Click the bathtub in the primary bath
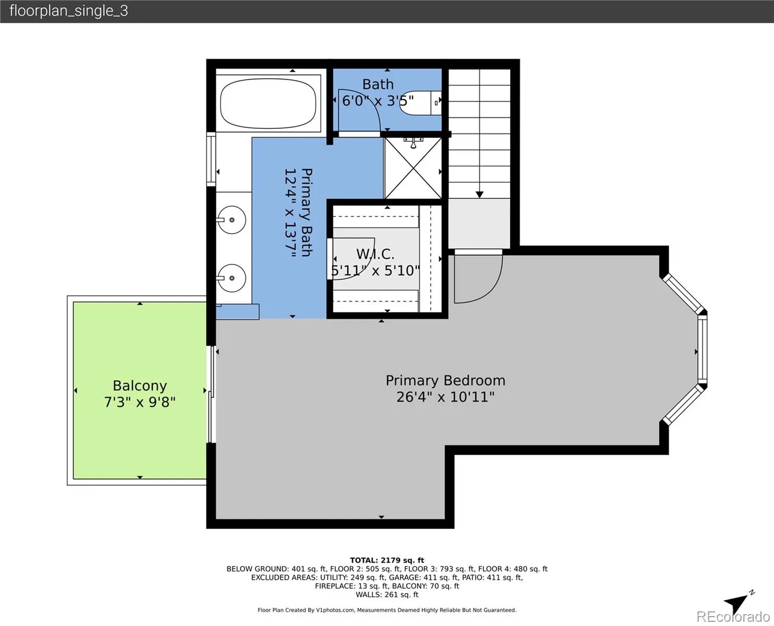pos(268,103)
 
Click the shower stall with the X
pos(413,168)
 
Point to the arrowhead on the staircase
pos(479,195)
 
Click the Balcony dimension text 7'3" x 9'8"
pos(140,402)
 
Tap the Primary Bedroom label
pos(445,380)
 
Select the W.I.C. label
pos(375,254)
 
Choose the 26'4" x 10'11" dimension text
pos(445,397)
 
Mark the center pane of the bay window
pos(703,350)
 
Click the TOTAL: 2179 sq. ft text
pos(387,560)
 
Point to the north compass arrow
pos(734,603)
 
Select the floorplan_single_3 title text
pos(69,11)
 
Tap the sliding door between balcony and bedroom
pos(211,394)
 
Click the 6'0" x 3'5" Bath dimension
pos(378,101)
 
